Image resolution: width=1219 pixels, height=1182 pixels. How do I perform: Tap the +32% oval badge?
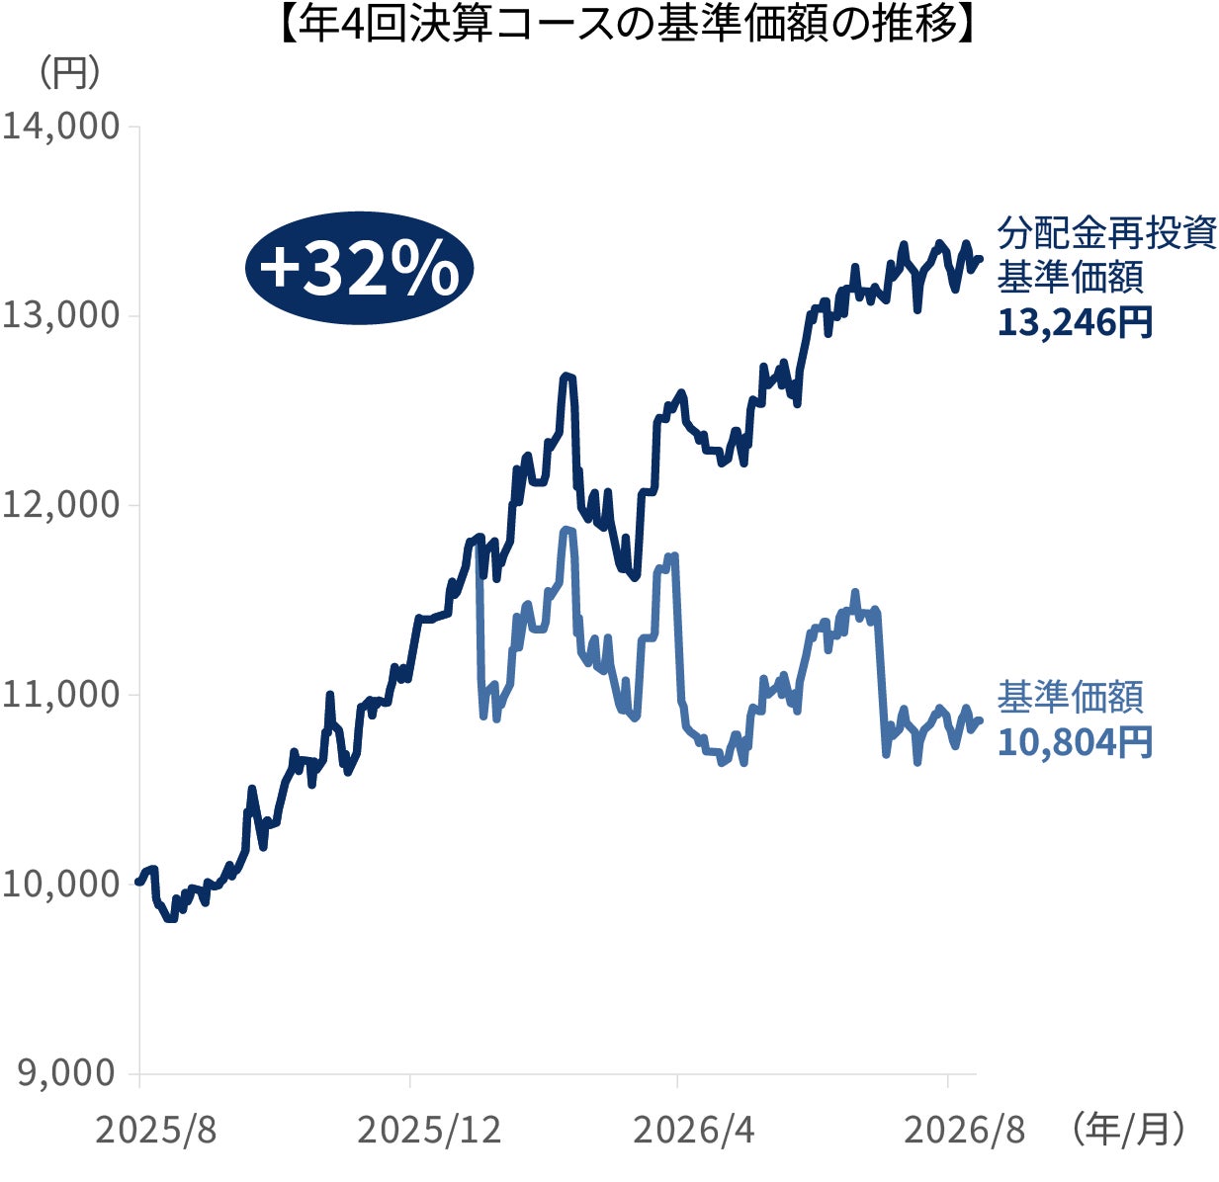click(359, 268)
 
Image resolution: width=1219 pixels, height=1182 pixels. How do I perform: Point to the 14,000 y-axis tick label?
click(60, 127)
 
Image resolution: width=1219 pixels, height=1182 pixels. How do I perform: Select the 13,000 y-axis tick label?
click(60, 315)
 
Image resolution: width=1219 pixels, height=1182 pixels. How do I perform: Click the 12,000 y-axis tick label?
click(60, 504)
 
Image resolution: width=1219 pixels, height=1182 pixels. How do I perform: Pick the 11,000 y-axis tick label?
click(60, 694)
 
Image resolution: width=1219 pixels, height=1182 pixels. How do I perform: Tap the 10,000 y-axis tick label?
click(60, 883)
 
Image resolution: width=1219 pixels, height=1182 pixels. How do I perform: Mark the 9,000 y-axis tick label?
click(67, 1072)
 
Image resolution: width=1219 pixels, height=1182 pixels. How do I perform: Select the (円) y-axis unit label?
click(69, 73)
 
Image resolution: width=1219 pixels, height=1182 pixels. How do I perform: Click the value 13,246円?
click(1075, 322)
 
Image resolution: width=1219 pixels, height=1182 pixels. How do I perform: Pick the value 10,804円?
click(1075, 742)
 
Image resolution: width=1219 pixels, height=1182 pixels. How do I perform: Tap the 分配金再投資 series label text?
click(1107, 233)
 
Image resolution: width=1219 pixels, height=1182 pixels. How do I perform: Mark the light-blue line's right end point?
click(981, 720)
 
